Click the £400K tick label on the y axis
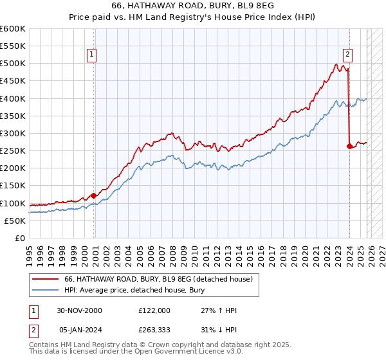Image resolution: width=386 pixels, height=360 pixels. [x=13, y=98]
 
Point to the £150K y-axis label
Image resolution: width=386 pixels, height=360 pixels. [x=13, y=186]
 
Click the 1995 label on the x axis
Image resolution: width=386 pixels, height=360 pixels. [x=30, y=251]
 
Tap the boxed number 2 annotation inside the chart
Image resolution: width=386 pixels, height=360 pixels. [x=347, y=55]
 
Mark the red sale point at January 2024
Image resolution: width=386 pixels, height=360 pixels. [x=349, y=146]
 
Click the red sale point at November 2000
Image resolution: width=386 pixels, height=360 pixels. [x=94, y=195]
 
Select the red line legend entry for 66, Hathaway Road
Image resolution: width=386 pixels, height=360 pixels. [x=161, y=279]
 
